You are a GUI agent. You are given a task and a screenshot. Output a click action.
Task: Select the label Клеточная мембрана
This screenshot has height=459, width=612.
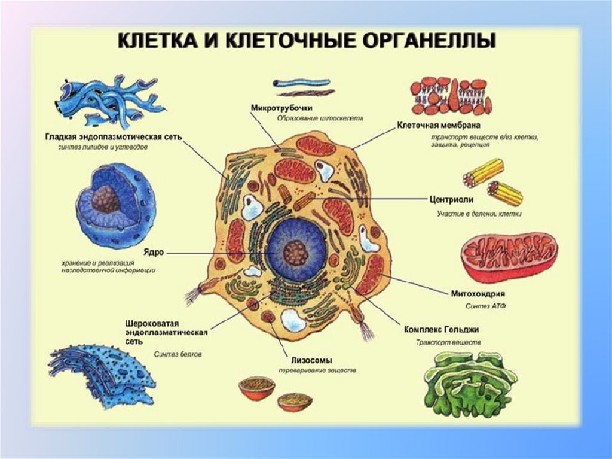(x=439, y=126)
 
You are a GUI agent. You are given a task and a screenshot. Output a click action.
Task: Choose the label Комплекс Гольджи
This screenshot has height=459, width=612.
(x=441, y=330)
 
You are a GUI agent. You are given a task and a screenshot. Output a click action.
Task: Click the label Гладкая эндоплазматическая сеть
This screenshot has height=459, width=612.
(x=113, y=136)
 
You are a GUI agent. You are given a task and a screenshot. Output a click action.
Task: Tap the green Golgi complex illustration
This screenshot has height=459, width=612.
(x=470, y=383)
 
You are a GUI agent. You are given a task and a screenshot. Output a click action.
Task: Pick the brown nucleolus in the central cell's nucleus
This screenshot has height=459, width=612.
(x=296, y=253)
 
